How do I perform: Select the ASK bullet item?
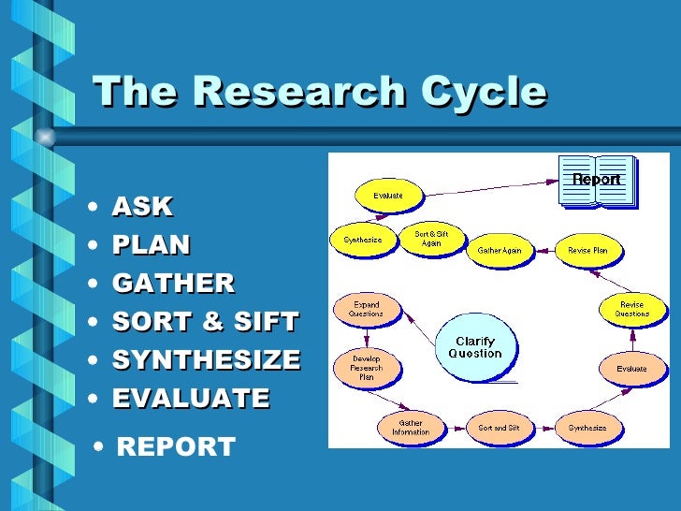click(x=142, y=207)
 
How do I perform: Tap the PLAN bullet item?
click(x=151, y=245)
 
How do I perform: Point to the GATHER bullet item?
click(x=173, y=284)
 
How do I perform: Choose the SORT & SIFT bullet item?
click(x=205, y=322)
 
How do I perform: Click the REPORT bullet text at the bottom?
click(x=175, y=446)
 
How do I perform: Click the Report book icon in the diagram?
click(x=597, y=180)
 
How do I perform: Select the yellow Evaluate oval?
click(x=388, y=196)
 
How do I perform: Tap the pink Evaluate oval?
click(x=631, y=369)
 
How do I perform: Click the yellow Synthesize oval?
click(x=362, y=240)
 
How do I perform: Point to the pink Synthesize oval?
click(x=587, y=428)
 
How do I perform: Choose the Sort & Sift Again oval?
click(x=430, y=239)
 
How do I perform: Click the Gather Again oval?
click(x=500, y=250)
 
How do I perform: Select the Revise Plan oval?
click(x=587, y=250)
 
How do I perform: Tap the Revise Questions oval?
click(x=631, y=310)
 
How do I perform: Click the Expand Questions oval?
click(x=366, y=310)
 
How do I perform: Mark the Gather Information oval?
click(x=411, y=428)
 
